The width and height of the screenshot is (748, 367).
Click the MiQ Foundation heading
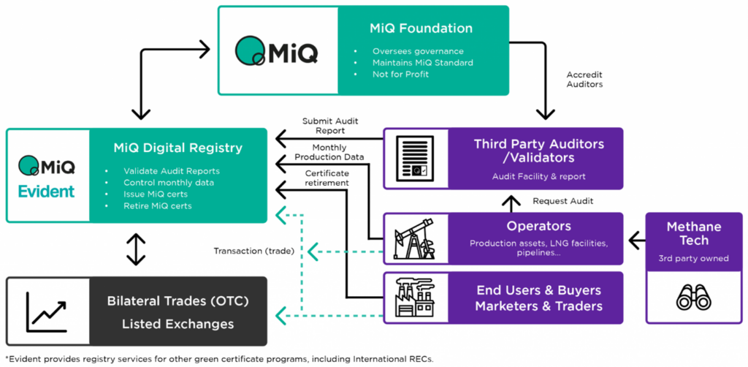[x=421, y=29]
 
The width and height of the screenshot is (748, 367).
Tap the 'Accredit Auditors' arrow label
[x=584, y=79]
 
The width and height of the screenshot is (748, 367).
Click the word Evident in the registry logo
[x=47, y=192]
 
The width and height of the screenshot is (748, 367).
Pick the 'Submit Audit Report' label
[x=330, y=126]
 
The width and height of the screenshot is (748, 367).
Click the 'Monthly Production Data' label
[x=329, y=152]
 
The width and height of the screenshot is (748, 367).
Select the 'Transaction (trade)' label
[x=253, y=251]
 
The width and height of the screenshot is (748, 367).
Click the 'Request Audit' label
[x=562, y=200]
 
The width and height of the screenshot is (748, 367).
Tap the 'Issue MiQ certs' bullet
[x=156, y=194]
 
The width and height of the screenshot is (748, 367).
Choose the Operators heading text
[x=538, y=226]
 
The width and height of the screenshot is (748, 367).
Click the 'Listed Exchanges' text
[x=178, y=323]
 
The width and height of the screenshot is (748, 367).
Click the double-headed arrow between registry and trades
[x=136, y=249]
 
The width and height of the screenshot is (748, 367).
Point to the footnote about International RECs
[x=219, y=359]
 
